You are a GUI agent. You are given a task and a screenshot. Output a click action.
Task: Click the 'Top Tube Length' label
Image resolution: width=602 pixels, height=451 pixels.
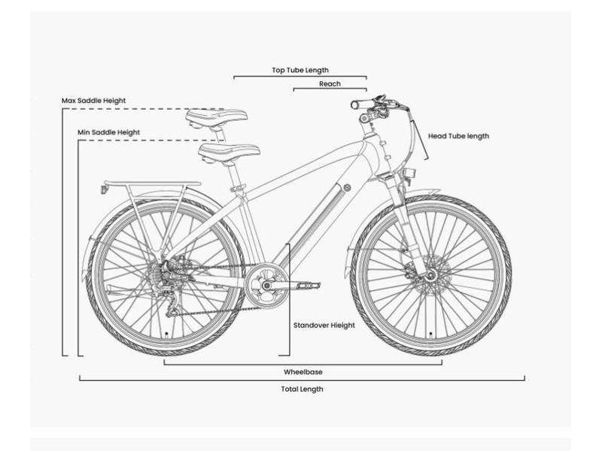300,70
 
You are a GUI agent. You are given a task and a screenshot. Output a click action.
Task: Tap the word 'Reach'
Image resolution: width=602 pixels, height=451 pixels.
330,83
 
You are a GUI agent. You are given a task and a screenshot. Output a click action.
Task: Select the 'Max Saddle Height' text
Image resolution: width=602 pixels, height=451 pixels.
93,101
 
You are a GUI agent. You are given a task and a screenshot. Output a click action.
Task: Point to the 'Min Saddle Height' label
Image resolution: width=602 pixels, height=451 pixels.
108,132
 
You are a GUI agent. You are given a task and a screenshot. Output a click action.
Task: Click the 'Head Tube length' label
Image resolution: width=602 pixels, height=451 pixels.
458,136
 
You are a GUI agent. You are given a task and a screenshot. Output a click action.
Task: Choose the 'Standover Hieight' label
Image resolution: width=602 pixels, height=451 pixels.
324,325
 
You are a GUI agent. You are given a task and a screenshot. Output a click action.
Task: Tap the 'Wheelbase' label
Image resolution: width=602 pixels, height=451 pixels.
303,372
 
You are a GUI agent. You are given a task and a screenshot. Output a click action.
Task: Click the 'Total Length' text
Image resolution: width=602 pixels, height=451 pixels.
303,389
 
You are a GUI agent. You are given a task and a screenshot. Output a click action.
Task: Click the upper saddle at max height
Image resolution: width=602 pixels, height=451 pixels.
217,117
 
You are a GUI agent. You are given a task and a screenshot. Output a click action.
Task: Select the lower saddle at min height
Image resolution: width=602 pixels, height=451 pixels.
230,151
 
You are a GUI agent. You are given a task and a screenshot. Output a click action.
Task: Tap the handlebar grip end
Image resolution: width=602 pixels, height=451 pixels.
355,104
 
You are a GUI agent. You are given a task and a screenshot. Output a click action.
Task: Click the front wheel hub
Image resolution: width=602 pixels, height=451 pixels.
430,274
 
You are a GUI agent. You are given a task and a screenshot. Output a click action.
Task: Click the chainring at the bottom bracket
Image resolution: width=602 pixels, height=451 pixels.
266,285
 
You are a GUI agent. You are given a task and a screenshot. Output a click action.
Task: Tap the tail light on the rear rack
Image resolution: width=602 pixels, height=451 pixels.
104,189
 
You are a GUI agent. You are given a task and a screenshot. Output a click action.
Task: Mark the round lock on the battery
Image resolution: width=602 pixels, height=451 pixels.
347,187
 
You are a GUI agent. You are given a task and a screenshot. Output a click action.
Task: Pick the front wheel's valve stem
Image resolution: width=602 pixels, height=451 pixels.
430,334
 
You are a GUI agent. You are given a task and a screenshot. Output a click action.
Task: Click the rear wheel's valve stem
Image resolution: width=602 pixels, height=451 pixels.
166,334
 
